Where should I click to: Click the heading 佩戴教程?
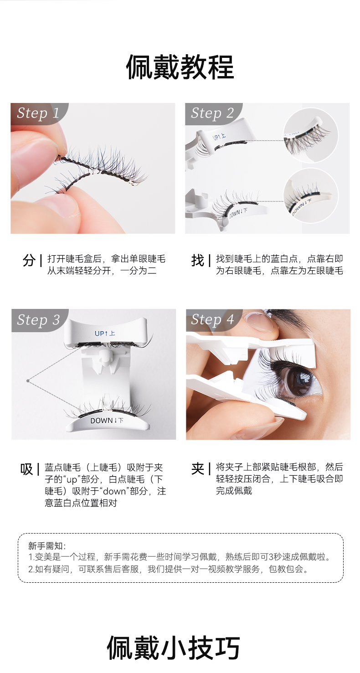(180, 67)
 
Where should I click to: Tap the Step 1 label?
(38, 113)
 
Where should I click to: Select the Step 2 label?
(212, 113)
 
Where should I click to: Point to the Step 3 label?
(38, 320)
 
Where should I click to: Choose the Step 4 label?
(212, 319)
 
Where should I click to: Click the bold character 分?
(29, 260)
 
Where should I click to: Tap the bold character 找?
(197, 260)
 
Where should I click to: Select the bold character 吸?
(26, 469)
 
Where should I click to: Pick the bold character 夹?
(197, 469)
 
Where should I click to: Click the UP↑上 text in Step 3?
(104, 334)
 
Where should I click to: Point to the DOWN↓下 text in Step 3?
(107, 421)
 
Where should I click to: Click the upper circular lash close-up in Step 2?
(310, 135)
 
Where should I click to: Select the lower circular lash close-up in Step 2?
(310, 195)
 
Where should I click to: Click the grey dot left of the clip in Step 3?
(28, 381)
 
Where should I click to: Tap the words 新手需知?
(46, 545)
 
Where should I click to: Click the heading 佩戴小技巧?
(173, 647)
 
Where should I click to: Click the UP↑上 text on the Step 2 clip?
(219, 137)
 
